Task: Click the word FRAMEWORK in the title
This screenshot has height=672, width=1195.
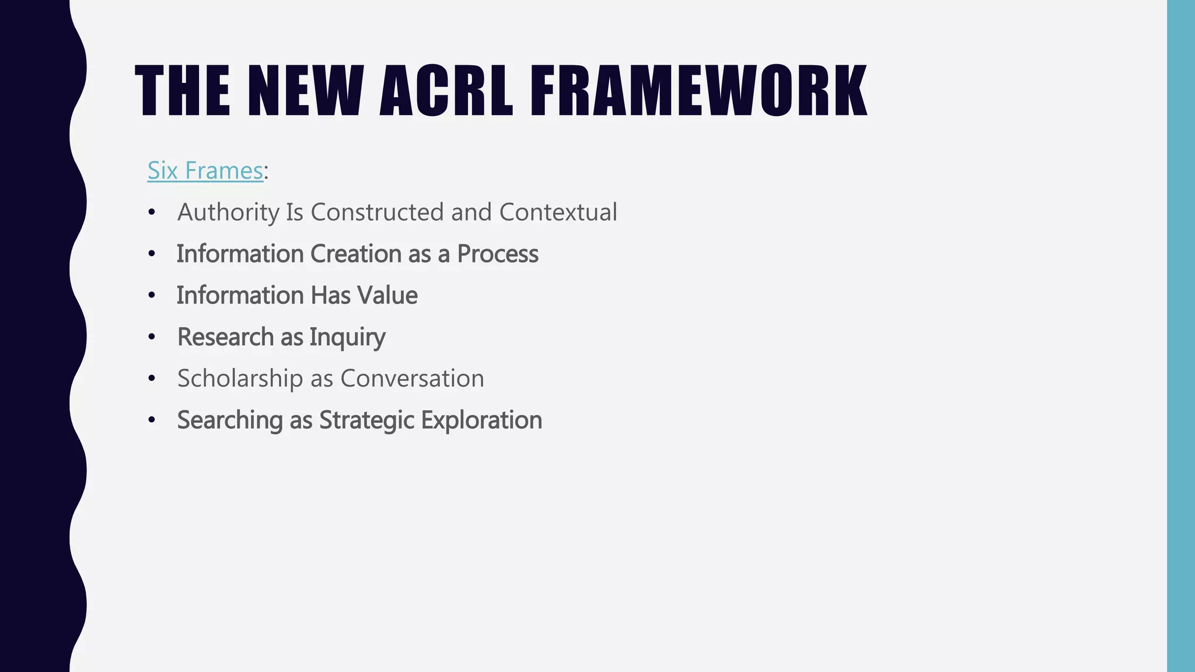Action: click(x=698, y=92)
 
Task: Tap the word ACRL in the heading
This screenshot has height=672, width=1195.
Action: click(x=446, y=92)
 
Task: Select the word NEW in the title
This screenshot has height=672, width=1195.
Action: click(x=306, y=92)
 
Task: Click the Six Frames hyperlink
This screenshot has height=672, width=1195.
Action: click(x=205, y=170)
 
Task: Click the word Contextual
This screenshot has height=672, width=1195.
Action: click(x=558, y=212)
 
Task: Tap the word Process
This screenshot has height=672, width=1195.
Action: click(x=497, y=254)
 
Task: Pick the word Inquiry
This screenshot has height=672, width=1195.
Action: click(x=347, y=337)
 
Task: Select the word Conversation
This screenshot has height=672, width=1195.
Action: click(x=412, y=379)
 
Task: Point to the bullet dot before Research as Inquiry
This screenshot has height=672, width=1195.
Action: click(x=152, y=337)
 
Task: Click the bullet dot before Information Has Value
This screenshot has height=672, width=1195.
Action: click(x=152, y=296)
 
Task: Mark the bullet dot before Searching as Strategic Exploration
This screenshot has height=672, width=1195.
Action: click(x=152, y=421)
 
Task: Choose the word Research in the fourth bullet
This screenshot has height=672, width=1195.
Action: click(x=225, y=337)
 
